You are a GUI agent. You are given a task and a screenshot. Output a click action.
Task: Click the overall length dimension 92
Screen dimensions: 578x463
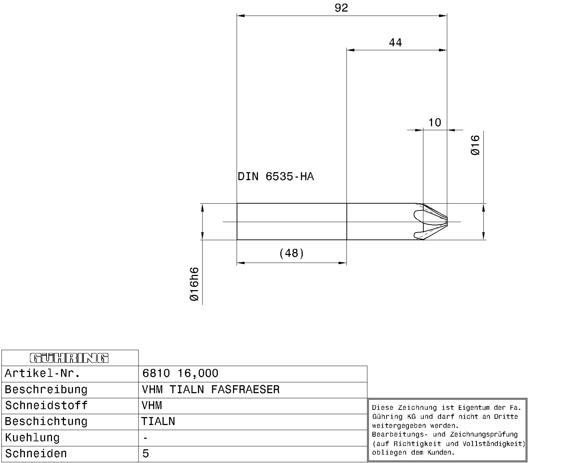(341, 8)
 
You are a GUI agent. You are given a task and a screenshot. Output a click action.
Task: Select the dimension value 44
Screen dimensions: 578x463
(395, 43)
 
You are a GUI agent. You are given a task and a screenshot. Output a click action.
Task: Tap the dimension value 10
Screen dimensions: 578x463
(435, 123)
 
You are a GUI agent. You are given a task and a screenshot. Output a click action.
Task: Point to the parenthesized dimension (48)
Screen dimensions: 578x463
(292, 253)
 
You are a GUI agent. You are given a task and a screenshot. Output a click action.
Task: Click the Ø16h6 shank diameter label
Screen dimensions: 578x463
(194, 284)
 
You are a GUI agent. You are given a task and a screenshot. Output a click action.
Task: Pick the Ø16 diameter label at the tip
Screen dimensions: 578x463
(475, 145)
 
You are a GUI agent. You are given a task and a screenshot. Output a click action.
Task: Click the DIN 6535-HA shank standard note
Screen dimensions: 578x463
(276, 177)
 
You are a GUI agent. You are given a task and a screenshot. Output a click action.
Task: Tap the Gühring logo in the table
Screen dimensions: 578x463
(69, 358)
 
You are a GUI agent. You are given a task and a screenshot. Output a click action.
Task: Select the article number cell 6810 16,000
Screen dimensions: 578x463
(180, 373)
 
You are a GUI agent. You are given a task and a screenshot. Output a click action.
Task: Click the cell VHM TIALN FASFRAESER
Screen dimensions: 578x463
(211, 390)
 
